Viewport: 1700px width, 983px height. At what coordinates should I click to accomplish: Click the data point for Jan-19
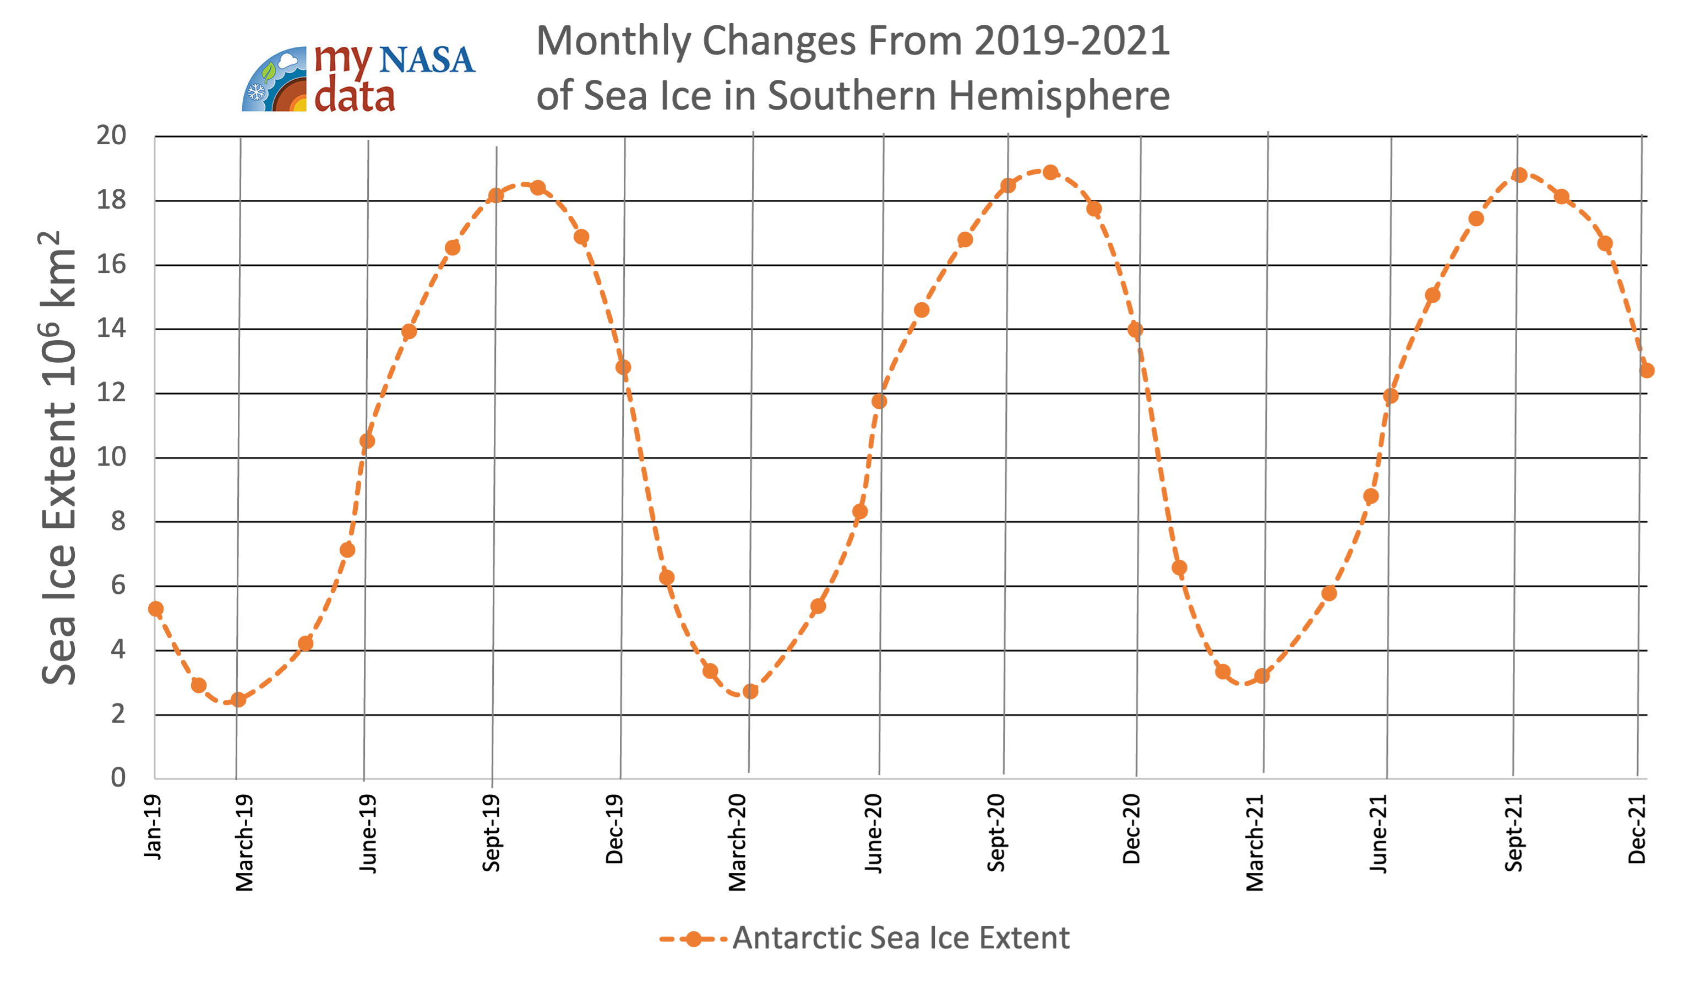point(156,609)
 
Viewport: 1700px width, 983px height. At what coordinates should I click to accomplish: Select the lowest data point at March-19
point(238,700)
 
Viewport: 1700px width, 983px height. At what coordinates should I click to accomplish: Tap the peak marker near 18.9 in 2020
point(1050,173)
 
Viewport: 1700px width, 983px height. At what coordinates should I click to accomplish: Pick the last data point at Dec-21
point(1647,370)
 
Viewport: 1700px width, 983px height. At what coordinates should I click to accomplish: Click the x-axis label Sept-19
point(491,833)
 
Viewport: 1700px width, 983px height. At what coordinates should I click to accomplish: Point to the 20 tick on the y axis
point(111,135)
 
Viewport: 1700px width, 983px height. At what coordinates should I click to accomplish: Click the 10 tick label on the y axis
point(111,457)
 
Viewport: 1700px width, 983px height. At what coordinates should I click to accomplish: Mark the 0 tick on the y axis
point(118,778)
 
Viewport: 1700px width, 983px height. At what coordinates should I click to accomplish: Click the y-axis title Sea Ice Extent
point(59,459)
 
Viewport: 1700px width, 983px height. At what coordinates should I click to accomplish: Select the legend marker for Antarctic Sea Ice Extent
point(693,939)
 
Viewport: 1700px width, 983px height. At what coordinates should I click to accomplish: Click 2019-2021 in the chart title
point(1072,41)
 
